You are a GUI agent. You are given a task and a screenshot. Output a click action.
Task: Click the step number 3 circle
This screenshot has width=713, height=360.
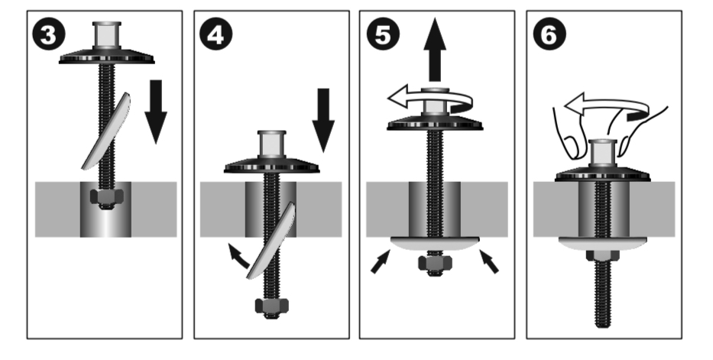pyautogui.click(x=49, y=34)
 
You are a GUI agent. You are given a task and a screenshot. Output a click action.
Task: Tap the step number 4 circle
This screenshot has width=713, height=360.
pyautogui.click(x=216, y=34)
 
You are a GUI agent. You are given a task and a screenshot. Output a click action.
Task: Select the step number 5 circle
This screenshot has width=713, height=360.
pyautogui.click(x=383, y=34)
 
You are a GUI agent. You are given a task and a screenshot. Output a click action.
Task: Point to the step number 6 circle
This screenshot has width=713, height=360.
pyautogui.click(x=549, y=34)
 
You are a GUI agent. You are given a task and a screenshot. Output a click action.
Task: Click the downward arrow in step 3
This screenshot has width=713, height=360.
pyautogui.click(x=156, y=112)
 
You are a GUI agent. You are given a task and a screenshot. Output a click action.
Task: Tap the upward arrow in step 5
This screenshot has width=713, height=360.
pyautogui.click(x=435, y=50)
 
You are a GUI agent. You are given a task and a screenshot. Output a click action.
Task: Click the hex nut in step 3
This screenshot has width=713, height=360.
pyautogui.click(x=106, y=197)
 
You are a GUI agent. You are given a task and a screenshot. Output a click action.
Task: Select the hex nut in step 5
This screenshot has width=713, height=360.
pyautogui.click(x=435, y=263)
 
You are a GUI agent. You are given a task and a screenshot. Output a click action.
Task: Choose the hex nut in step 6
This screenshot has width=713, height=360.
pyautogui.click(x=602, y=255)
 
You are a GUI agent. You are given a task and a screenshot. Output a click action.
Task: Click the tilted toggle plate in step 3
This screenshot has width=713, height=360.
pyautogui.click(x=106, y=131)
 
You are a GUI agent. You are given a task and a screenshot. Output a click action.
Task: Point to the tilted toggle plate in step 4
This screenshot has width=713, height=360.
pyautogui.click(x=271, y=242)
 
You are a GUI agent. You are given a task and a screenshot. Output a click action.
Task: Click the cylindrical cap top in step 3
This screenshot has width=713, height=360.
pyautogui.click(x=106, y=34)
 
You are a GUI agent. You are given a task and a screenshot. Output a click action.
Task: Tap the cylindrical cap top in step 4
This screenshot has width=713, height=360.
pyautogui.click(x=272, y=144)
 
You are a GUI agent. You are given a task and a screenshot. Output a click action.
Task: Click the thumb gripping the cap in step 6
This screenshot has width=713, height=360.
pyautogui.click(x=571, y=146)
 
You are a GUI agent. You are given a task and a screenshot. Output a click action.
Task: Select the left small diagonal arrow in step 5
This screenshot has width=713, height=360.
pyautogui.click(x=381, y=262)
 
